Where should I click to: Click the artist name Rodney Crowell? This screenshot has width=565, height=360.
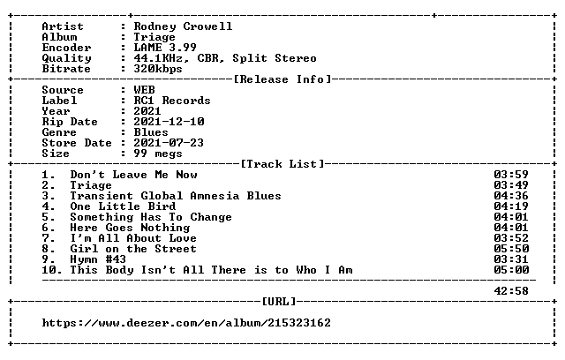(x=183, y=26)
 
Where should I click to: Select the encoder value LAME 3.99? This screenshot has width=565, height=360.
(x=165, y=48)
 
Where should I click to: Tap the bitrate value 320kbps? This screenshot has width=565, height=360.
(x=158, y=69)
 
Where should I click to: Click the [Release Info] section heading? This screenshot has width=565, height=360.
(x=282, y=79)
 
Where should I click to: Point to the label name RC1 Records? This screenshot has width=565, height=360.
(x=172, y=101)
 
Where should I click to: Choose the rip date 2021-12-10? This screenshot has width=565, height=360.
(x=169, y=122)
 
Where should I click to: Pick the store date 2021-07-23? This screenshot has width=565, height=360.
(x=169, y=143)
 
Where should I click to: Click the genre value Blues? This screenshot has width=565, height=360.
(x=151, y=132)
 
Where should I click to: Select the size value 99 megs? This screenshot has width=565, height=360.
(x=158, y=154)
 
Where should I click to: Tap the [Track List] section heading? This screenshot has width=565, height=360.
(x=282, y=164)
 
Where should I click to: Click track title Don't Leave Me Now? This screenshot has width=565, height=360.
(x=133, y=175)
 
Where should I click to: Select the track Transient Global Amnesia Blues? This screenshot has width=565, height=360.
(x=176, y=196)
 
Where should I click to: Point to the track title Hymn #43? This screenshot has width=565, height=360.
(x=98, y=259)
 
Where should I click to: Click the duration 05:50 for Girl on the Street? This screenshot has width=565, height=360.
(x=511, y=249)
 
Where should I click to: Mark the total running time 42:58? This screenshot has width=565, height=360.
(x=511, y=291)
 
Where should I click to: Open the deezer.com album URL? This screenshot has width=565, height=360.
(x=186, y=323)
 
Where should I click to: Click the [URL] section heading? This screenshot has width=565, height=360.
(x=279, y=301)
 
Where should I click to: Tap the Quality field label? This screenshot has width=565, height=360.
(x=67, y=58)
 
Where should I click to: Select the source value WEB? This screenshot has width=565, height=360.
(x=144, y=90)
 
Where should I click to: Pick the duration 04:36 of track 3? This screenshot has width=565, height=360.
(x=511, y=196)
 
